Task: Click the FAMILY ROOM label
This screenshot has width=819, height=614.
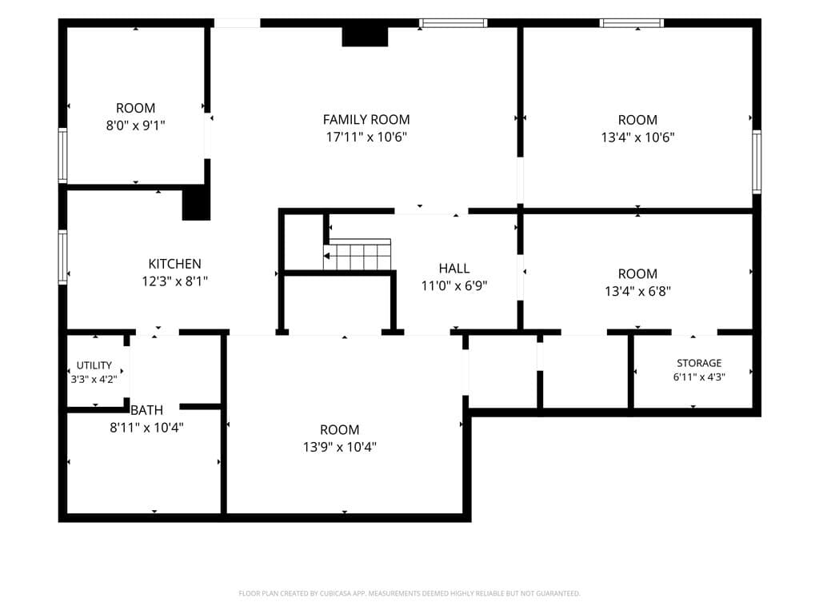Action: click(x=366, y=120)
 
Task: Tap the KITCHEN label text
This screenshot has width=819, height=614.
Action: click(x=174, y=264)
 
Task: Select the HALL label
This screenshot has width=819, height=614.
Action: click(x=454, y=269)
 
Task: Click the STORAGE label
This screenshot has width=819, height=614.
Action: click(x=699, y=363)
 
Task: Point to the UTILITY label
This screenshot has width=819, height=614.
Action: click(x=94, y=365)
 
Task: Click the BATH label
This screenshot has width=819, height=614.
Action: click(x=147, y=410)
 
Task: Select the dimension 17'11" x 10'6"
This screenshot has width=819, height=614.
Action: click(x=366, y=137)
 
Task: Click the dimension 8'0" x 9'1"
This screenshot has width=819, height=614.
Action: click(x=135, y=126)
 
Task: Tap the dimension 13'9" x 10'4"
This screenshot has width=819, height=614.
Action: click(x=339, y=447)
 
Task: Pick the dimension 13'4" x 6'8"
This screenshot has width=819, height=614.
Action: click(x=637, y=291)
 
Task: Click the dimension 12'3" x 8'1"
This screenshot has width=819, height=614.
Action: click(x=174, y=281)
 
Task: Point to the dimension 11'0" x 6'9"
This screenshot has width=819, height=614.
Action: click(x=454, y=285)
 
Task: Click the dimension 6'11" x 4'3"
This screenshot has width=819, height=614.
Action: click(x=699, y=377)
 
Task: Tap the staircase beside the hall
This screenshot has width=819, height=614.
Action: click(x=358, y=254)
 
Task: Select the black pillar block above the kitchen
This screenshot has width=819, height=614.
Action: click(x=197, y=204)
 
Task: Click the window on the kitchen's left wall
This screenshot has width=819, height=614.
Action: click(x=62, y=257)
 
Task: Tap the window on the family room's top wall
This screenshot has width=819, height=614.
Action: click(x=453, y=23)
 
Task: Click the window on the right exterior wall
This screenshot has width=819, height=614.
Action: click(x=757, y=161)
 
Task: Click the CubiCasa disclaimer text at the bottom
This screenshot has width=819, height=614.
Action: click(x=409, y=593)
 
